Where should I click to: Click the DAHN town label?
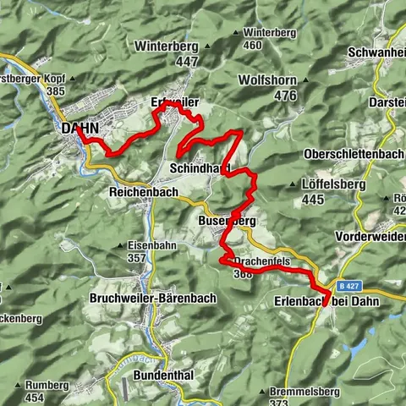(80, 129)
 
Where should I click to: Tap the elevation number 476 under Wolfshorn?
(285, 96)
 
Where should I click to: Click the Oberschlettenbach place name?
(354, 155)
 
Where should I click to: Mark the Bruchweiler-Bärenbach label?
(152, 299)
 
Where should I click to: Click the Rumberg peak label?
(46, 385)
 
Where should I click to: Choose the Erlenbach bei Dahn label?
(327, 300)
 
